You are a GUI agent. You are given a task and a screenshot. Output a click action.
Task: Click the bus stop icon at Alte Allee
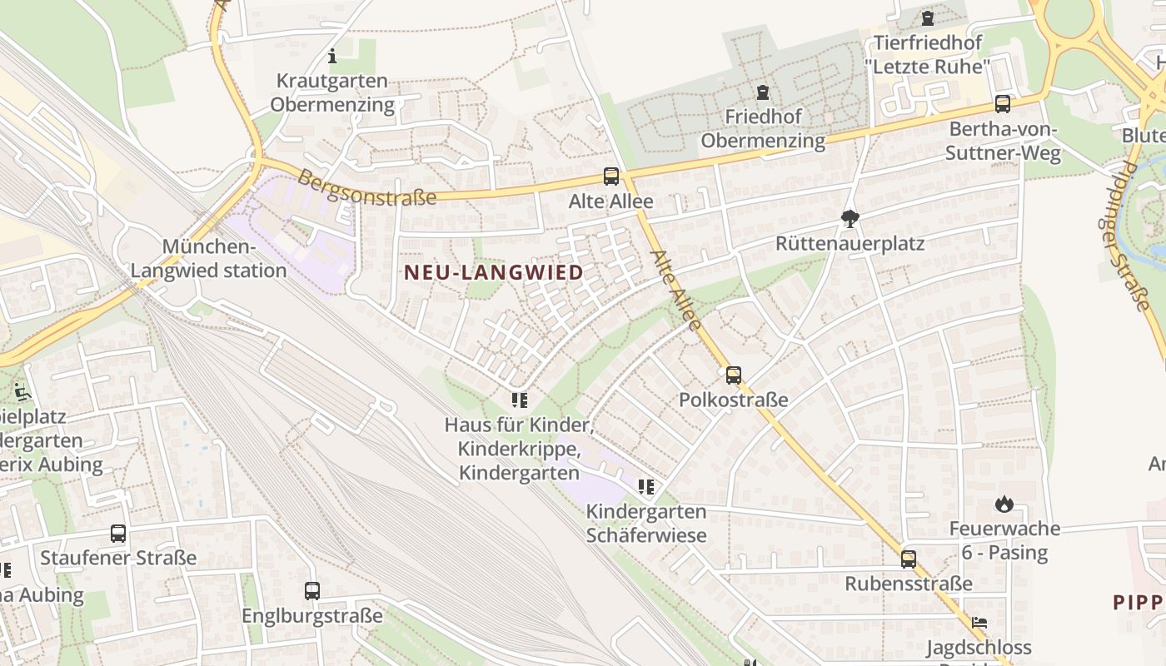[611, 176]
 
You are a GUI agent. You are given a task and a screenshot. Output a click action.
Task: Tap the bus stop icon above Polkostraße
[733, 375]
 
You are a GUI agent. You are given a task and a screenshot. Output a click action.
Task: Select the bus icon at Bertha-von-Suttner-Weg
[1003, 104]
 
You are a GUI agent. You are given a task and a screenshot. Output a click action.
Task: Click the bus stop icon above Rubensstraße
[908, 559]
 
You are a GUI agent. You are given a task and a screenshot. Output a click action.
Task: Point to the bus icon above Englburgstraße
[312, 591]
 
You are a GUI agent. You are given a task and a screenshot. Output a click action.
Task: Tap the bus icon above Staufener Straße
[118, 534]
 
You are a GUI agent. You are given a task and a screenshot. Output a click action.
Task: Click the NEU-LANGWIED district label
[493, 272]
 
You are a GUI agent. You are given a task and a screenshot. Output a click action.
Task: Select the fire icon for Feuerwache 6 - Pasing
[1004, 504]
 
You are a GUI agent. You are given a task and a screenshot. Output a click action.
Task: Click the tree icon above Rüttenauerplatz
[850, 219]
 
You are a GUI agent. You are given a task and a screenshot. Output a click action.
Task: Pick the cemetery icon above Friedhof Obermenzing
[762, 92]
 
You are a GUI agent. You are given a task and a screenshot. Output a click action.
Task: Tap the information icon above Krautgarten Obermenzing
[332, 57]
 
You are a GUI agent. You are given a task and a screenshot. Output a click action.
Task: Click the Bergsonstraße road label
[367, 188]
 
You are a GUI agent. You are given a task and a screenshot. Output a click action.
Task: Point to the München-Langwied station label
[208, 258]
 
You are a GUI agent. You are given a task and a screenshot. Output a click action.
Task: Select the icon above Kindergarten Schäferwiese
[645, 486]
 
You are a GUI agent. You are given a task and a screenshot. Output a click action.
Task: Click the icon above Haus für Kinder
[520, 400]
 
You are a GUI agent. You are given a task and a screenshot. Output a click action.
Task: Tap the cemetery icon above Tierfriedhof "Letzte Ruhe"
[927, 17]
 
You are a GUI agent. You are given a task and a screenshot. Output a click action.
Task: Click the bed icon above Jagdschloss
[979, 623]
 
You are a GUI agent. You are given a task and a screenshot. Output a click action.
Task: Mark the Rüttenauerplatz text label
[850, 244]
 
